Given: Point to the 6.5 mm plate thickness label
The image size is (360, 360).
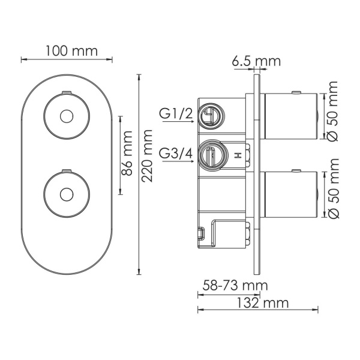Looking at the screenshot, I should click(257, 61).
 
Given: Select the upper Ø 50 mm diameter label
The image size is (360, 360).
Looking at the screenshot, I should click(333, 112).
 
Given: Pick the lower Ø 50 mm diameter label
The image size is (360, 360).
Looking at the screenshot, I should click(333, 189).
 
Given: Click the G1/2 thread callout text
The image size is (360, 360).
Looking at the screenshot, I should click(175, 112).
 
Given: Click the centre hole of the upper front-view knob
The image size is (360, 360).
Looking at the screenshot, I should click(67, 115).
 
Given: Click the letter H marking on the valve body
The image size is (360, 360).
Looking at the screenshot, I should click(239, 155).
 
